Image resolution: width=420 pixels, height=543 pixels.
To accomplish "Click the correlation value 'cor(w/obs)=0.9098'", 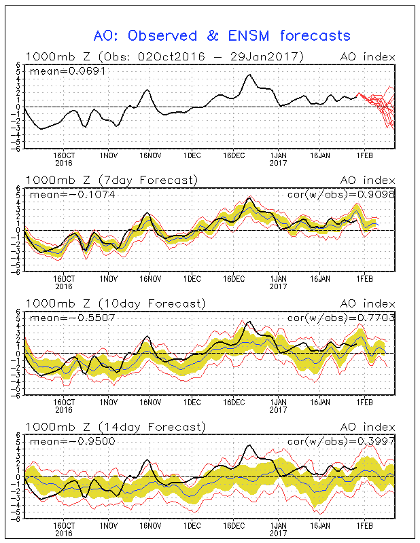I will (340, 195).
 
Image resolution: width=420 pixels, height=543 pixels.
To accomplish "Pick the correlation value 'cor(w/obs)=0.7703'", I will (340, 318).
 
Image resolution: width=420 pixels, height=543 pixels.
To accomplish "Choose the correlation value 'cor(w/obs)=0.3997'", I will (340, 441).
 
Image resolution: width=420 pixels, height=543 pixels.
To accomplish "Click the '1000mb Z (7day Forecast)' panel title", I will (111, 180).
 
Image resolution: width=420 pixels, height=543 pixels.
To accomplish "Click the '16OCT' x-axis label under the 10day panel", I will (63, 402).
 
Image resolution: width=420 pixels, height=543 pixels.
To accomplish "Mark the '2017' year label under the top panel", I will (278, 162).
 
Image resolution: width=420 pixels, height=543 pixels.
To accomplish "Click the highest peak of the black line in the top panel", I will (249, 75).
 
